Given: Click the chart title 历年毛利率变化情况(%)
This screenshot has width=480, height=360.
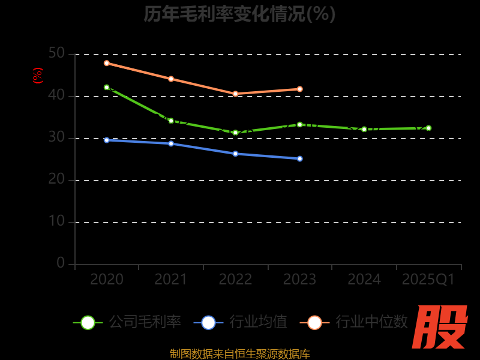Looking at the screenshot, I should (239, 14).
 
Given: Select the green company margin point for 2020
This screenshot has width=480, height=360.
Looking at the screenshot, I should (107, 87).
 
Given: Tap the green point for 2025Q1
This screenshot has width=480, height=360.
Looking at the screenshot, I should (428, 128).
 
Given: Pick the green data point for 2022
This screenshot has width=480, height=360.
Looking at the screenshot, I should (235, 133).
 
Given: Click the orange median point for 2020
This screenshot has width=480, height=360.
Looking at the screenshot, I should (107, 63).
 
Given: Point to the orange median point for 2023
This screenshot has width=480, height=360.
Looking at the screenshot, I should (300, 89).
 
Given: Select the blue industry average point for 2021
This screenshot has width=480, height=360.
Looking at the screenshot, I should (171, 143).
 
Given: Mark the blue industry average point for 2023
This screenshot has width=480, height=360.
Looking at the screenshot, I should (300, 158).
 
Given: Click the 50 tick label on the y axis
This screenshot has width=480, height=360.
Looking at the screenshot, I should (56, 53).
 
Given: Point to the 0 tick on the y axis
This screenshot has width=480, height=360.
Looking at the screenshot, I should (61, 263).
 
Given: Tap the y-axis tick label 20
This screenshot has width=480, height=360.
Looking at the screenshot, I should (56, 179).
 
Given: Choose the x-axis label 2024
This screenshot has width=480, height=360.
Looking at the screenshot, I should (364, 280).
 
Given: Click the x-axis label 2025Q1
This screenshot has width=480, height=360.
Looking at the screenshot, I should (428, 280).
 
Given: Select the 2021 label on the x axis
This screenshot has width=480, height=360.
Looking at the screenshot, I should (171, 280).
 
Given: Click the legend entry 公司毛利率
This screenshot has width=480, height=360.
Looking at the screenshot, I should (128, 322).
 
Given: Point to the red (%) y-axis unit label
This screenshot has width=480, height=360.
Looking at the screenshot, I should (38, 76).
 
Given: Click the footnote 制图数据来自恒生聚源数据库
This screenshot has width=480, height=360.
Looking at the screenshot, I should (239, 354).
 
